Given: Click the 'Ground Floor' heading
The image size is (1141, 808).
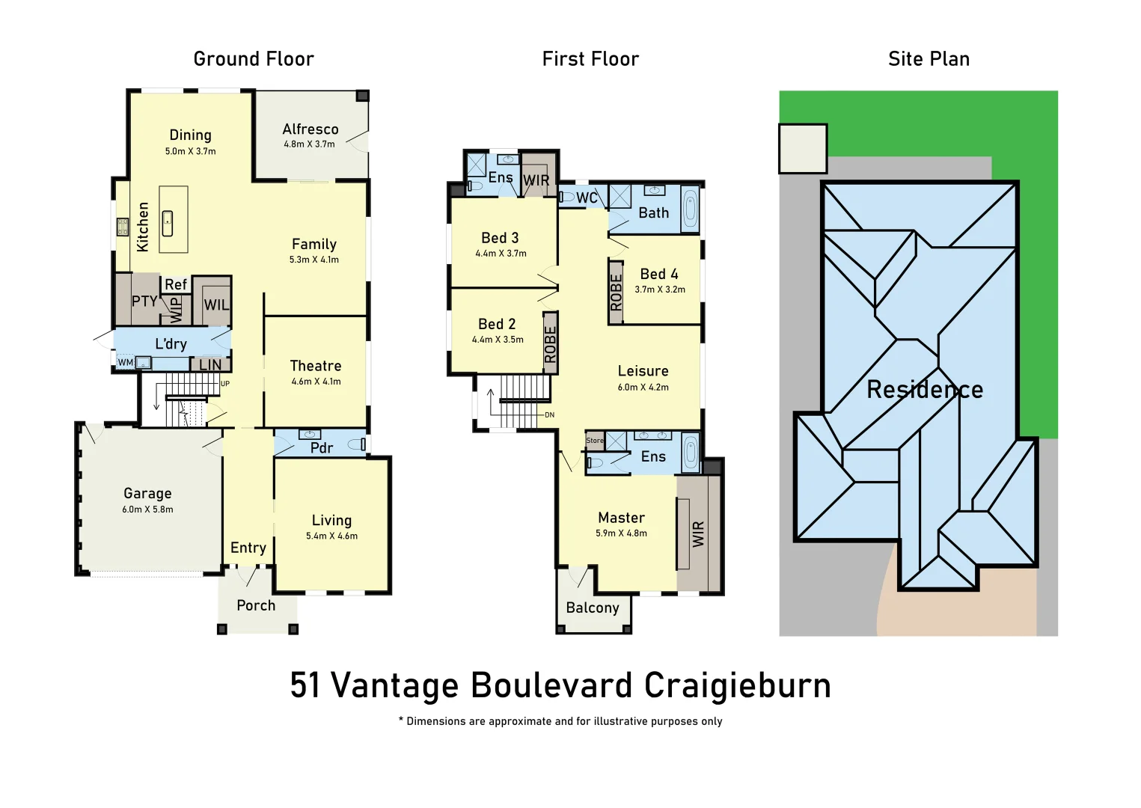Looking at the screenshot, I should coord(254,59).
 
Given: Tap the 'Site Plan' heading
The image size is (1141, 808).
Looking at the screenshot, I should coord(929,59).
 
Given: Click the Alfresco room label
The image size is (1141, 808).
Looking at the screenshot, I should coord(310,129).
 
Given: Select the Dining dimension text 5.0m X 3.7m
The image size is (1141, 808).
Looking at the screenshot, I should coord(190,151).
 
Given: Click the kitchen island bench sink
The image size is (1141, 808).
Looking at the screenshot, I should coord(168,222).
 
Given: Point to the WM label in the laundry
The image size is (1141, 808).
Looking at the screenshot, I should coord(125,363).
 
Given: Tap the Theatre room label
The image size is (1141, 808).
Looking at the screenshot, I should coord(316,366).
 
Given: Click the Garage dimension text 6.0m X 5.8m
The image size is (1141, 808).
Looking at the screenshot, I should coord(147,509).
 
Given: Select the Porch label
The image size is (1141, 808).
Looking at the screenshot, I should coord(256,605).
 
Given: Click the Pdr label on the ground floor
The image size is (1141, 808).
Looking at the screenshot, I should coord(322,447).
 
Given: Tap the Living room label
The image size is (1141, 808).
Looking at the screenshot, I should coord(331,520).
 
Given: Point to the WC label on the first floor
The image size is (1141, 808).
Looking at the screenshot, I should coord(587,198).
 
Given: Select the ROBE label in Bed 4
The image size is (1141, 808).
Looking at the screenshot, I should coord(616,293).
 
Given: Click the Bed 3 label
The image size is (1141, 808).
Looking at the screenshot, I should coord(500,238).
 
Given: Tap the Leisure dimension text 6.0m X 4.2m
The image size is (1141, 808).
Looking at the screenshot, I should coord(643,388).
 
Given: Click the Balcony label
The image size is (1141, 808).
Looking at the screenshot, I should coord(593,607).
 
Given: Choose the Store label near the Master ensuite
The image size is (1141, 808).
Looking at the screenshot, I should coord(594,441).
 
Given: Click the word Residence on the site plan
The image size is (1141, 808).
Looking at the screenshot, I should coord(925,389).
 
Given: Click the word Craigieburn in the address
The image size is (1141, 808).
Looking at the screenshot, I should coord(737,685).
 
